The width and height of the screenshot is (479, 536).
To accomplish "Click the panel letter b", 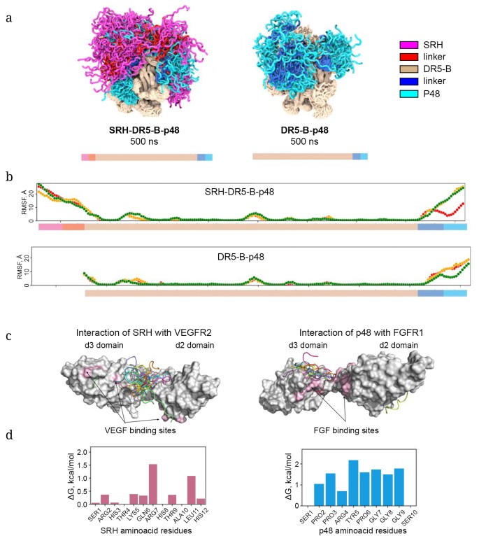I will coord(8,178).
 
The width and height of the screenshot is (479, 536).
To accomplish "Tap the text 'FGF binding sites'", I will coord(347,430).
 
